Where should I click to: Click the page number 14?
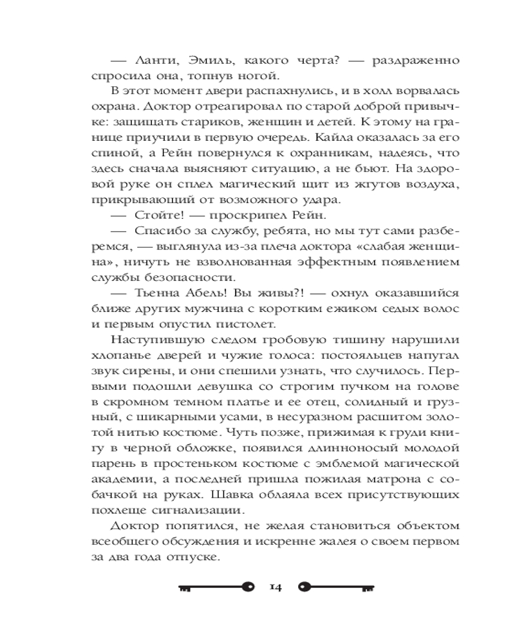(276, 586)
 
